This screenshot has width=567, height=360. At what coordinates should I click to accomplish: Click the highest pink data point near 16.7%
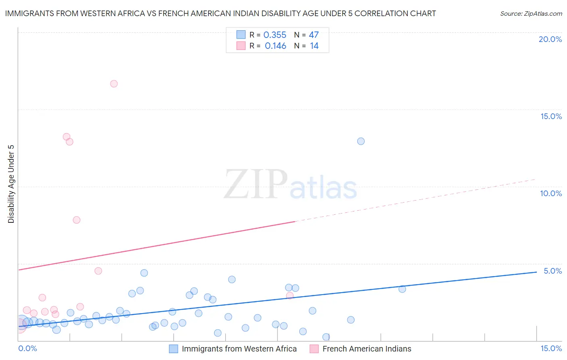114,84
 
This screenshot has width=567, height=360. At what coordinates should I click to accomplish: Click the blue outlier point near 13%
361,141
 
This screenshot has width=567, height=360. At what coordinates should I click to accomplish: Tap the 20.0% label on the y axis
550,39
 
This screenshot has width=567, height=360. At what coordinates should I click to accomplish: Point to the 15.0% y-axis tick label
551,116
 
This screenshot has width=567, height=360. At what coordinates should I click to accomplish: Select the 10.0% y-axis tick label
551,193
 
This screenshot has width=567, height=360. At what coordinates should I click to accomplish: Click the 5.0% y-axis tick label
552,271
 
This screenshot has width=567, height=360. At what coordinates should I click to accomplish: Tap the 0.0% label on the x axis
28,348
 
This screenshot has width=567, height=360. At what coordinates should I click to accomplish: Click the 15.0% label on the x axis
551,348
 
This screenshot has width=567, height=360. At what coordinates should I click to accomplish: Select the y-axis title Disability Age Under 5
11,184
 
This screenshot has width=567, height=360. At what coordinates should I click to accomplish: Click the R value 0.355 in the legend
275,35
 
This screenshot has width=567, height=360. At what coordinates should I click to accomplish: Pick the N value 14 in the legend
314,46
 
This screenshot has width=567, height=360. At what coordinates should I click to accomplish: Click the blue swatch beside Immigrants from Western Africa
173,349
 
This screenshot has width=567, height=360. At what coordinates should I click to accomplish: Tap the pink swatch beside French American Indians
314,349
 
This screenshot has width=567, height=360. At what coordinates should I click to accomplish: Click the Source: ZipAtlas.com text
531,14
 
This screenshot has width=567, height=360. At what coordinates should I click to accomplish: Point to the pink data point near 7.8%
77,220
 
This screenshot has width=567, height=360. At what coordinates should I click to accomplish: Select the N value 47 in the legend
314,35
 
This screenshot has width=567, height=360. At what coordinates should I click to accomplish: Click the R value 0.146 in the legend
275,46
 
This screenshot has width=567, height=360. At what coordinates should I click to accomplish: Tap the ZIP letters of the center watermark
256,184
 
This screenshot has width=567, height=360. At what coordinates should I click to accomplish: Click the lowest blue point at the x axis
326,337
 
